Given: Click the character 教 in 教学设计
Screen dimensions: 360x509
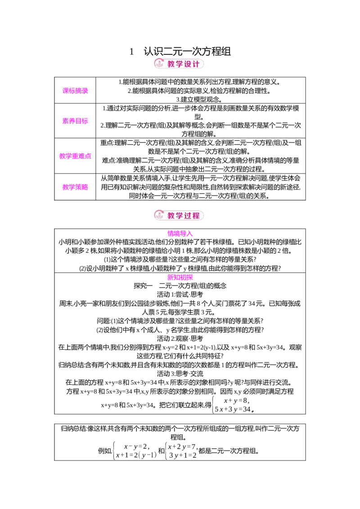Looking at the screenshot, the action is point(171,64).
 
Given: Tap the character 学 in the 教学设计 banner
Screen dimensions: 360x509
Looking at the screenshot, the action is point(180,64).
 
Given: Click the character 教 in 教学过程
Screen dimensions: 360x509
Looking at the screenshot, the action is point(171,216).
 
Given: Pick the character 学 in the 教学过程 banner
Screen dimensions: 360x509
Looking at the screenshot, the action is point(180,216).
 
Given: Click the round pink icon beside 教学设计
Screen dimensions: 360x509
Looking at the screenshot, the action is point(158,64).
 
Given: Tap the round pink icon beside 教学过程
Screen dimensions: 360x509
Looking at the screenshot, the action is point(158,215).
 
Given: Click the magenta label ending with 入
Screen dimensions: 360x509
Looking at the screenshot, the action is point(180,234).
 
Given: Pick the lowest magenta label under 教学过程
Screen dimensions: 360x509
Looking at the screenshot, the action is point(180,277).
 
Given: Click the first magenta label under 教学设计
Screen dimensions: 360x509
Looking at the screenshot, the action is point(76,90).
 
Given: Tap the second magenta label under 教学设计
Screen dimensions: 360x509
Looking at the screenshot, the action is point(76,121).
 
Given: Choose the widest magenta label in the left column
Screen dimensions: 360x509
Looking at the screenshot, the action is point(76,156).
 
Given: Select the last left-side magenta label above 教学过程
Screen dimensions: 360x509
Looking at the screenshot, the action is point(76,187).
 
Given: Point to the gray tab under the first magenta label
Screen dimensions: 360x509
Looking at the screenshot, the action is point(76,95).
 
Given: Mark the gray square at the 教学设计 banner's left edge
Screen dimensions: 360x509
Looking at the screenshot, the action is point(153,64).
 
